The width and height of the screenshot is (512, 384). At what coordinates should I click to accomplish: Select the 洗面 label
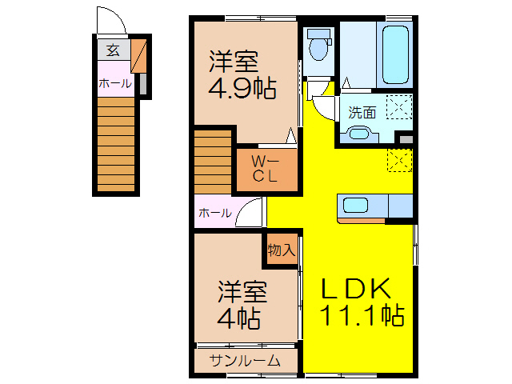(x=362, y=113)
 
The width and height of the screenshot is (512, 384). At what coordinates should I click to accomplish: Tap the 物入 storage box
(x=282, y=250)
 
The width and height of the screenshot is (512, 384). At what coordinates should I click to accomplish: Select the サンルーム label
(x=245, y=361)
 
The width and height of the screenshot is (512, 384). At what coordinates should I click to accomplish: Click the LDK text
(x=356, y=288)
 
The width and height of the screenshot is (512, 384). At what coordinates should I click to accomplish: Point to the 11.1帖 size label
(x=362, y=314)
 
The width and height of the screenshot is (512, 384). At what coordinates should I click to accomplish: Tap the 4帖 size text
(x=239, y=318)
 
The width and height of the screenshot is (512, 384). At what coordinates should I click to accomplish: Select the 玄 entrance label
(x=113, y=51)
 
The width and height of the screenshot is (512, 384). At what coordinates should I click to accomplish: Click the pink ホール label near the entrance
(x=115, y=83)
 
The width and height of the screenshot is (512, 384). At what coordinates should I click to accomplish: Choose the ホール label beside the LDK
(x=214, y=213)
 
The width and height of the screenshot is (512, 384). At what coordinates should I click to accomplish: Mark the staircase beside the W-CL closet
(x=212, y=162)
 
